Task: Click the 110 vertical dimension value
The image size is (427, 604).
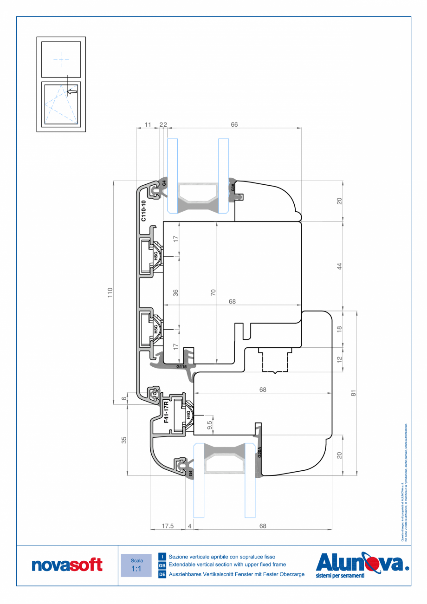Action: point(110,292)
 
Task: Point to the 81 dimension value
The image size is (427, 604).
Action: point(353,393)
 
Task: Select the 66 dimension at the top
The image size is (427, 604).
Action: point(234,125)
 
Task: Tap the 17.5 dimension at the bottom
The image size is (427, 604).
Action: point(167,526)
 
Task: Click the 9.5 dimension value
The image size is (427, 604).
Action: point(209,425)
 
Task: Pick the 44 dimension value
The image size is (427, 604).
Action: point(339,266)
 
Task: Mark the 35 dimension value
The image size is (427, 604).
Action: point(124,440)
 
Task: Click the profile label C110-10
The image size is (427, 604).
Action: point(143,211)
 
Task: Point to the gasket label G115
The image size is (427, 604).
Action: point(181,366)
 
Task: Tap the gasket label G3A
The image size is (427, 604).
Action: point(233,188)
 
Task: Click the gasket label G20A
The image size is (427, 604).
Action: point(259,452)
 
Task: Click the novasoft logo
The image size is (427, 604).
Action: point(67,565)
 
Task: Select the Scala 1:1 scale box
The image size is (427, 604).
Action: point(136,565)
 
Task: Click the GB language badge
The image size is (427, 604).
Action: point(162,565)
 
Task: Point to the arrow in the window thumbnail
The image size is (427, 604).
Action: point(71,92)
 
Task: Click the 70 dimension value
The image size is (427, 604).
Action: point(213,292)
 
